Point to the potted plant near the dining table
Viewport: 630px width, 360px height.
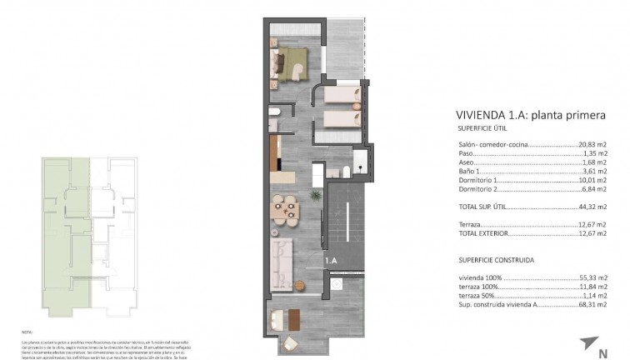315,196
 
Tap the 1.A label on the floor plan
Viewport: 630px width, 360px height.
330,260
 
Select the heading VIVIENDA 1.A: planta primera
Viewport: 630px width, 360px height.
530,116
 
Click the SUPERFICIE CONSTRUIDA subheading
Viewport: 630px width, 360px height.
496,260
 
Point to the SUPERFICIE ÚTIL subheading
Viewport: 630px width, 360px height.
482,129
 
